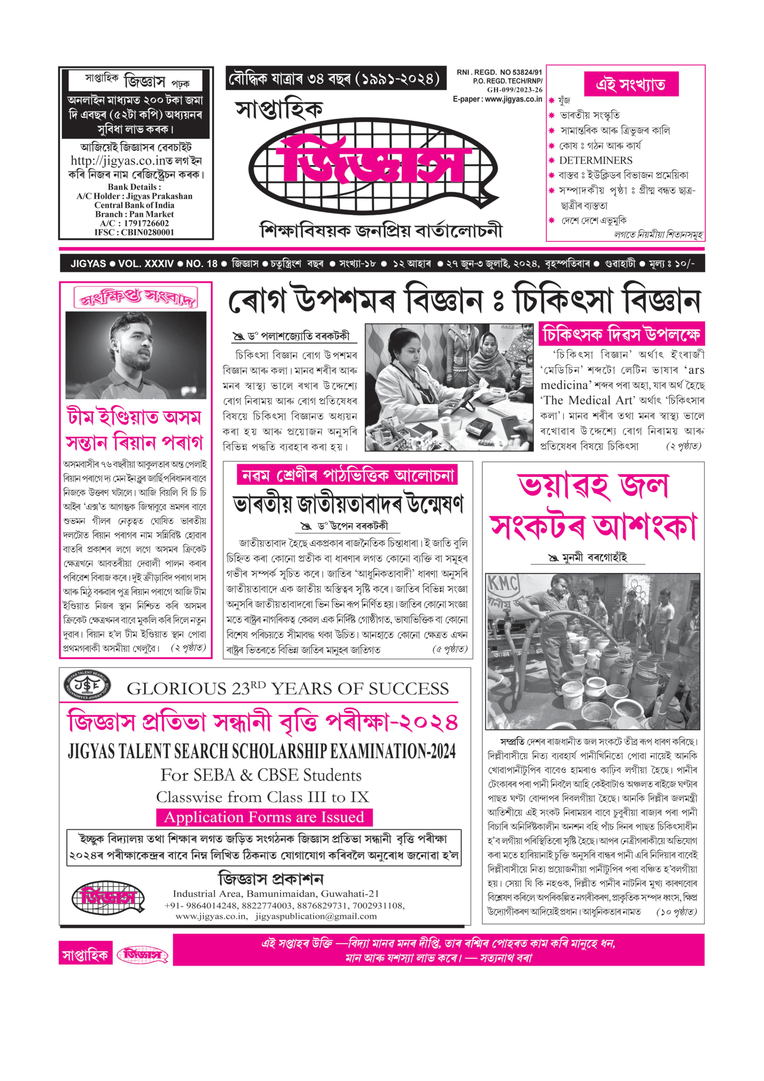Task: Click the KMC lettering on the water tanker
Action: (502, 584)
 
